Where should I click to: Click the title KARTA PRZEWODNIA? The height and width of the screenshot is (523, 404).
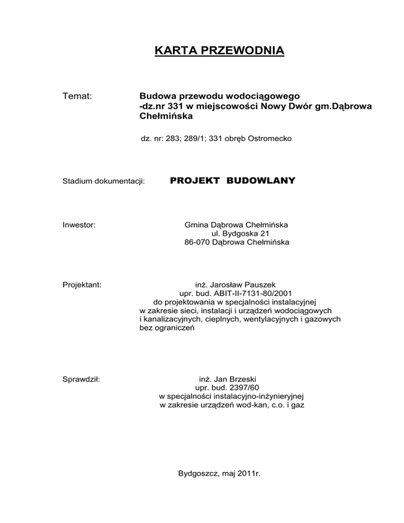[219, 51]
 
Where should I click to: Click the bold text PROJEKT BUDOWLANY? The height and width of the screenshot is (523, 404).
[233, 181]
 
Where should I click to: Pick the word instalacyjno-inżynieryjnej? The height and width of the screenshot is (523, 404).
[260, 396]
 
